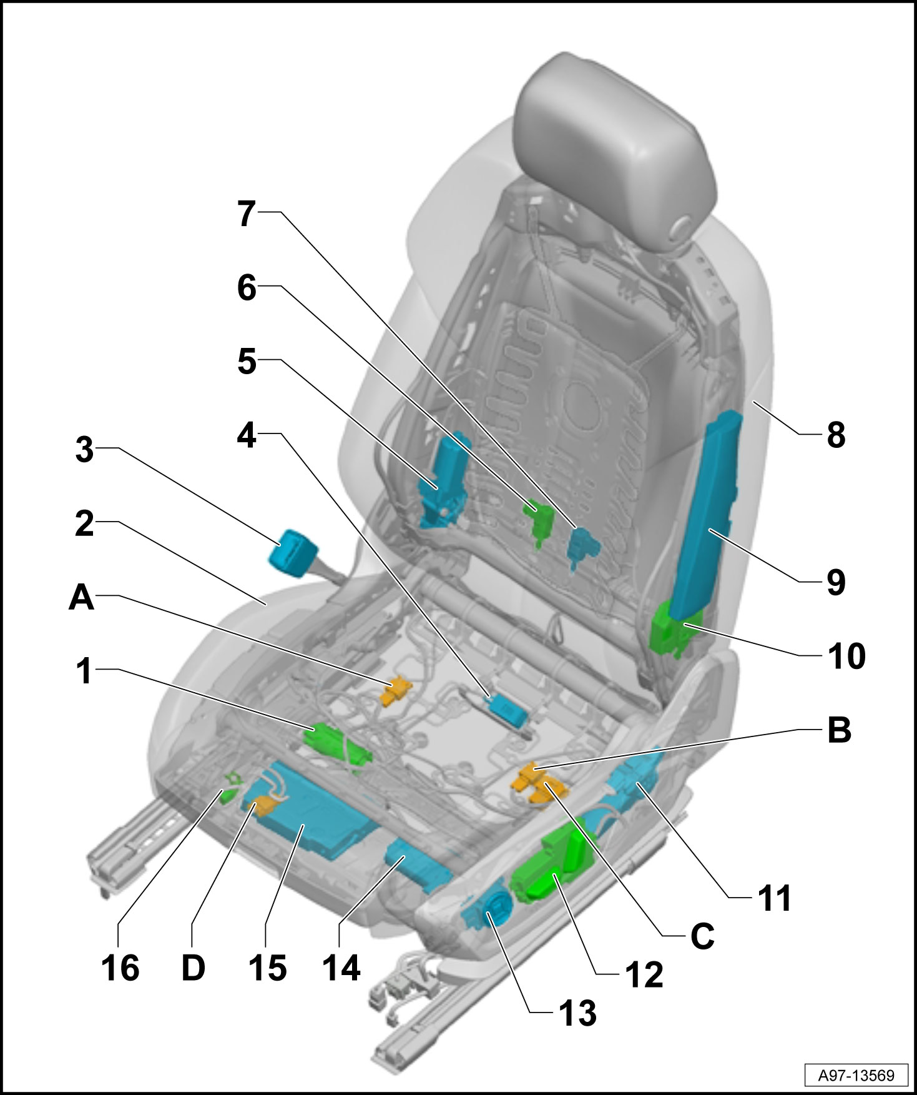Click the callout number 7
point(247,214)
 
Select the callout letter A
point(82,598)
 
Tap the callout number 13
point(578,1013)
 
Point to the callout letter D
point(194,968)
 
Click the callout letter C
point(702,936)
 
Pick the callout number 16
point(120,968)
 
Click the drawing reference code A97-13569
point(856,1075)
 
